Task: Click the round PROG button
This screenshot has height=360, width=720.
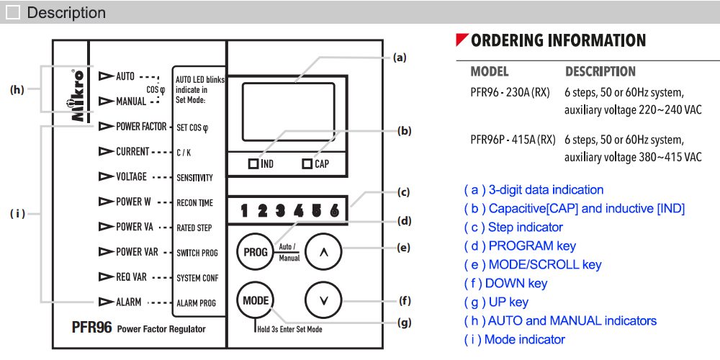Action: point(255,252)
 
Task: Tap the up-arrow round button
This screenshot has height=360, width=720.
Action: point(323,252)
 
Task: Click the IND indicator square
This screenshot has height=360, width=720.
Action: point(253,164)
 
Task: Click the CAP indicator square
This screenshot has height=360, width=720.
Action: point(307,164)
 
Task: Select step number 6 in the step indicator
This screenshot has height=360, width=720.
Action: point(334,211)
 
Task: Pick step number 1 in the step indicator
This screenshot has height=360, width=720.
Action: point(245,211)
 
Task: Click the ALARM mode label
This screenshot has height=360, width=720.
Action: point(129,302)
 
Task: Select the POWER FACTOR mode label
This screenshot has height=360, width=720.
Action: point(141,127)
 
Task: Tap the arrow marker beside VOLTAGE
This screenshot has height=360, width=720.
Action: point(107,177)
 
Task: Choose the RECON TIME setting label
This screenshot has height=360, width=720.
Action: point(194,203)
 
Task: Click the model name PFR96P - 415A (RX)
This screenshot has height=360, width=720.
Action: point(512,139)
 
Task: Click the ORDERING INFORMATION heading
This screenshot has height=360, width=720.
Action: point(558,40)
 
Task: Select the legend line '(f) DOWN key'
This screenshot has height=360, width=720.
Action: point(505,284)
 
